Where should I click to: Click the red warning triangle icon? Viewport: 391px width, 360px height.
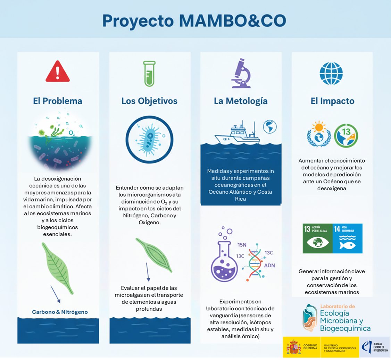pos(58,72)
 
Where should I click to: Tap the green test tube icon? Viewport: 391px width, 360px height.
pos(149,74)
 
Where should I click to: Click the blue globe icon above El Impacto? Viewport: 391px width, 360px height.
pos(331,73)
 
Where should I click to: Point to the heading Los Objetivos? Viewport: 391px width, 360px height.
pos(149,101)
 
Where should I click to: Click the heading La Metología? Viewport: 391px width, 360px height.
pos(241,101)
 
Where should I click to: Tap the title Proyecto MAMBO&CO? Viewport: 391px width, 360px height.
pos(194,21)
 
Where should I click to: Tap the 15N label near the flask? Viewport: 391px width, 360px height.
pos(242,245)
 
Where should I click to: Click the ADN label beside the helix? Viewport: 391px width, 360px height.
pos(269,266)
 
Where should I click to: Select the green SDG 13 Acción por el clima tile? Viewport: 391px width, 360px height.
pos(317,238)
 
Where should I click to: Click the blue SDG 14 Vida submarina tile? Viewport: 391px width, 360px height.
pos(347,238)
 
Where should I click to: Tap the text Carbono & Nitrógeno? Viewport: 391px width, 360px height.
pos(60,312)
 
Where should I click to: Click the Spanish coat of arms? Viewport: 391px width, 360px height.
pos(293,347)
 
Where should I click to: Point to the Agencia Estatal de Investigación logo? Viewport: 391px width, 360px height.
pos(375,347)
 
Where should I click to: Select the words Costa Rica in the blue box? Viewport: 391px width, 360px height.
pos(250,195)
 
